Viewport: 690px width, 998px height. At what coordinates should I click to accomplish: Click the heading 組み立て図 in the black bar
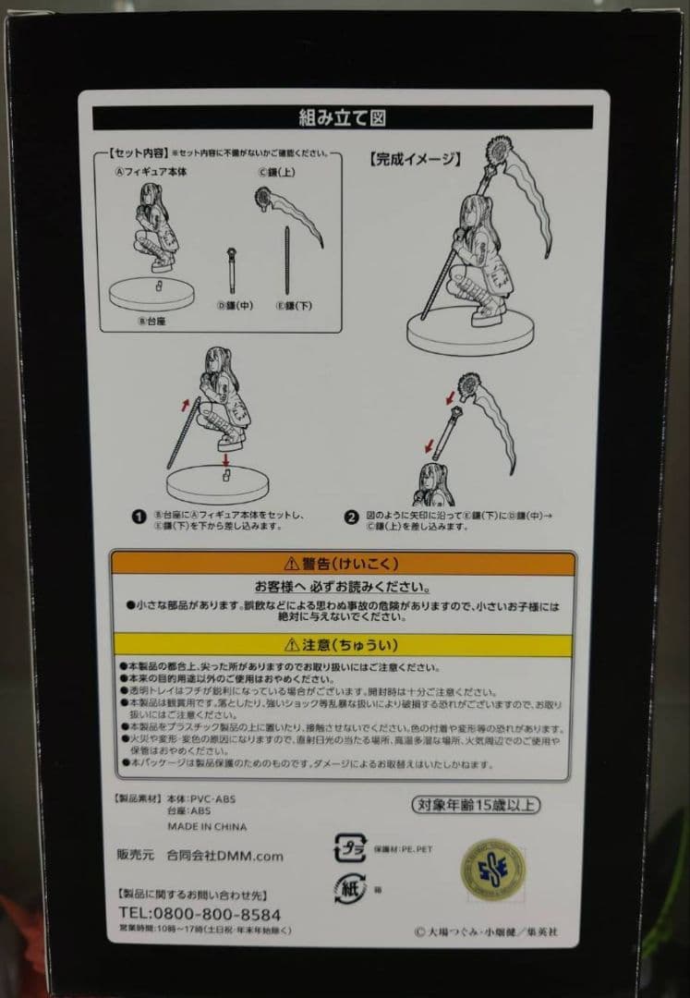point(341,117)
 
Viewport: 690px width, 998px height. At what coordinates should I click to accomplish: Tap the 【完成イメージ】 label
point(414,159)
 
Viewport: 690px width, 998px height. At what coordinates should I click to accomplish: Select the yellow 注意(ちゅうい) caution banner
point(343,645)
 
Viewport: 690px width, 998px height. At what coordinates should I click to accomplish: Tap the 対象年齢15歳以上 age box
point(474,805)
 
